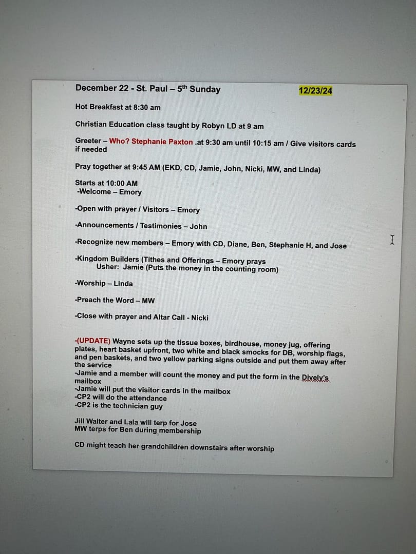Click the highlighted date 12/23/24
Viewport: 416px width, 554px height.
315,91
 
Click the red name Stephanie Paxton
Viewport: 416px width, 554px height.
162,142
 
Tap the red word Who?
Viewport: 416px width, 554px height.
119,142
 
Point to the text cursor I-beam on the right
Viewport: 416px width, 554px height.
392,240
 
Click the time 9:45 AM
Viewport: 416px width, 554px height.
146,167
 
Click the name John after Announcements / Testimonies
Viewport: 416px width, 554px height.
198,226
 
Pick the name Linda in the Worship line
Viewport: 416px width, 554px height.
123,283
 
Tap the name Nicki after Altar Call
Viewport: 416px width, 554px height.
200,318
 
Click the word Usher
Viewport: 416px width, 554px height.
107,267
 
